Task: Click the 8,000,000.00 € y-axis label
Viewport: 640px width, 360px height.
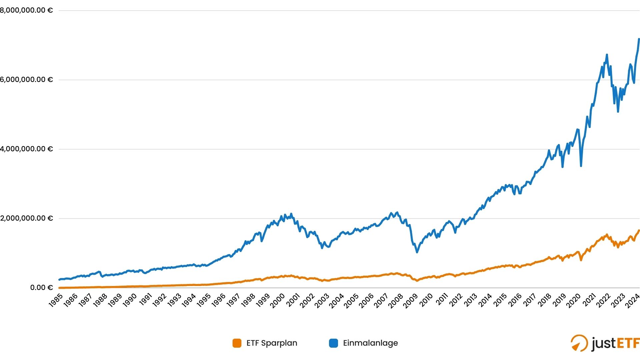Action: click(26, 10)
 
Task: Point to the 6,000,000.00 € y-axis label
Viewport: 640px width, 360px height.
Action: click(26, 80)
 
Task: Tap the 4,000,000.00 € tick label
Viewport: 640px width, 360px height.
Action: click(26, 149)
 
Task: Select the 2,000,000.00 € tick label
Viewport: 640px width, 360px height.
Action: click(26, 218)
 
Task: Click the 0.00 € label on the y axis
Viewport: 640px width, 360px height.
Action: click(41, 287)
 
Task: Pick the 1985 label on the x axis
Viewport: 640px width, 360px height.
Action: click(56, 300)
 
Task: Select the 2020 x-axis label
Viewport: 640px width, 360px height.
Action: click(573, 300)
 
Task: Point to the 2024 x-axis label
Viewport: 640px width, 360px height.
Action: click(632, 300)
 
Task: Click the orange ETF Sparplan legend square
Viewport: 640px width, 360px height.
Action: click(237, 343)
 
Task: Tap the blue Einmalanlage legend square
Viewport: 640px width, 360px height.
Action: click(333, 343)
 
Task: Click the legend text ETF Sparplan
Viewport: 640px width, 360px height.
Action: click(272, 343)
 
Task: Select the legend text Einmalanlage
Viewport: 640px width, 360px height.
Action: click(370, 343)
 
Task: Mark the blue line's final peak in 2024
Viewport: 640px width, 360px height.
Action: click(639, 39)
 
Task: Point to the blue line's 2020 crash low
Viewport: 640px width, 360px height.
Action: click(581, 166)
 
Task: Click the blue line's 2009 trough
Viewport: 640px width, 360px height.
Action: click(417, 252)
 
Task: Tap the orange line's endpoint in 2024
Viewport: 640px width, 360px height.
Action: click(639, 230)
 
